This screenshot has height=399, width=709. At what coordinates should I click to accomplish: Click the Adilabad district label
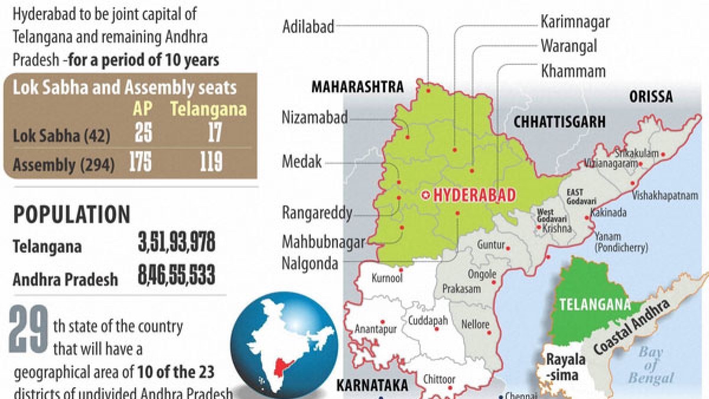coord(308,26)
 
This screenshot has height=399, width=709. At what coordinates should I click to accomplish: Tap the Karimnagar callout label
coord(575,22)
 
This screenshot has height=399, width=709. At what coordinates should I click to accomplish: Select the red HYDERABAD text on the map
coord(474,195)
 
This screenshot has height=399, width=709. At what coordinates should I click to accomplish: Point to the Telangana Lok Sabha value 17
coord(214,134)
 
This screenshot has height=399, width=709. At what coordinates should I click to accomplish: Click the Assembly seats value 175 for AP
coord(140,162)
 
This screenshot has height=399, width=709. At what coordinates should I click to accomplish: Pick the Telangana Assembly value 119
coord(211,162)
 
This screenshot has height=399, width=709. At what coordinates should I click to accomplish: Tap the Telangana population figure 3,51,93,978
coord(176,244)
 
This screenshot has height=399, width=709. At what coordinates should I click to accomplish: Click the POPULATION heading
coord(71,215)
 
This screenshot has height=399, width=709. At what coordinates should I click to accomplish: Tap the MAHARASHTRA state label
coord(357,87)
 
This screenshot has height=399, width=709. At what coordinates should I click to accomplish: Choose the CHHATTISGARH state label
coord(560,122)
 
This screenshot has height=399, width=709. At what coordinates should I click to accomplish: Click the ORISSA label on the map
coord(651,96)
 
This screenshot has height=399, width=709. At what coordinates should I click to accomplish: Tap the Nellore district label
coord(475,325)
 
